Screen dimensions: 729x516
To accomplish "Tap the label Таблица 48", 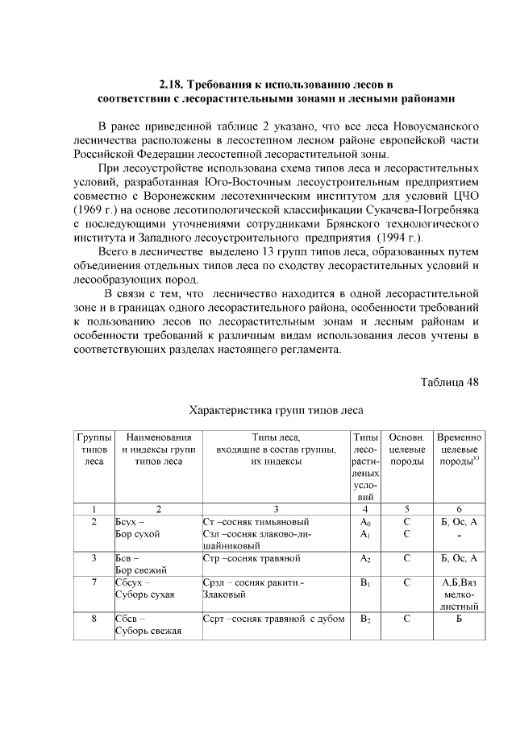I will tap(450, 381).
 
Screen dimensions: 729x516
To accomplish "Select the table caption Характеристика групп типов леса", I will tap(277, 409).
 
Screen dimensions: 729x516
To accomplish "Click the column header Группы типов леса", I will tap(94, 449).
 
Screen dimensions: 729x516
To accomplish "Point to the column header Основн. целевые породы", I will tap(406, 449).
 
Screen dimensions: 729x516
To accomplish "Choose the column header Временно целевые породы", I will tap(459, 449).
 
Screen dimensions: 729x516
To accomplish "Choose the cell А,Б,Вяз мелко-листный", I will tap(459, 594).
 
